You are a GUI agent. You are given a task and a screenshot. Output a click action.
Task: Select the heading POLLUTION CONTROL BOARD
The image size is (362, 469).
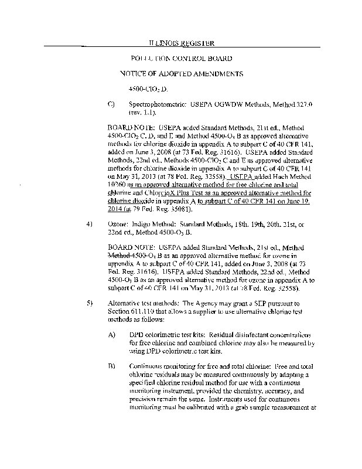click(x=182, y=59)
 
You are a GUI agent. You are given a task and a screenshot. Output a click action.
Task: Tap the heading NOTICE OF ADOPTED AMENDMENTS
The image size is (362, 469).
click(x=181, y=74)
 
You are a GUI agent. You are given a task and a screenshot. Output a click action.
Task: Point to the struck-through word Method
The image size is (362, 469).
click(x=120, y=255)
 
